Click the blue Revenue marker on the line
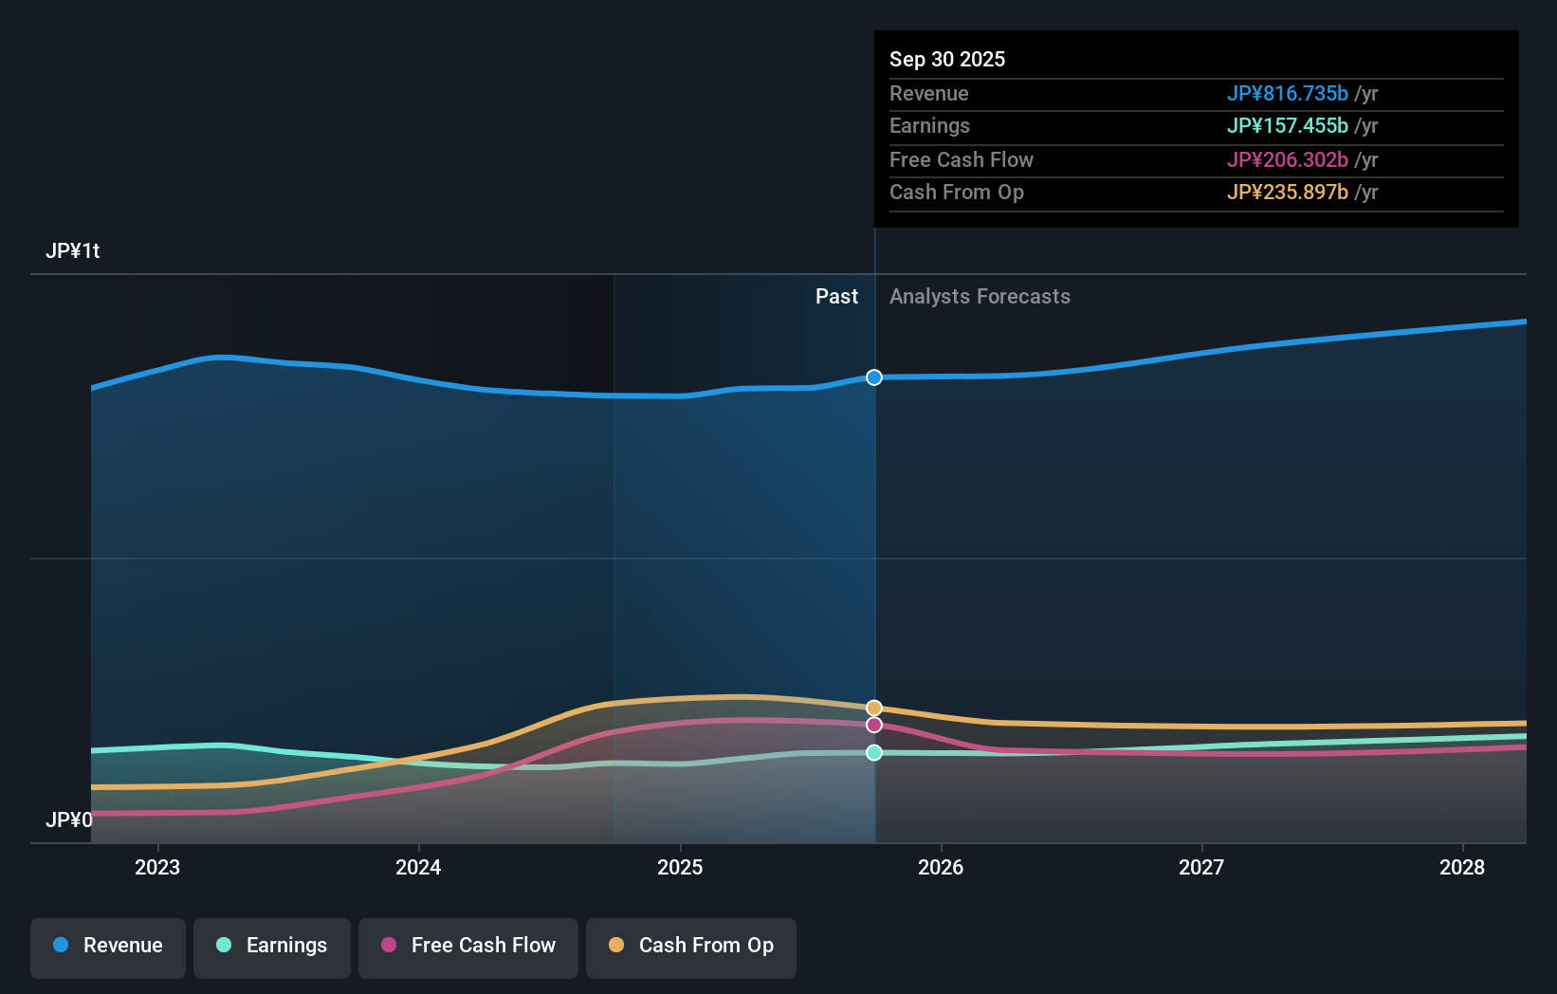click(874, 377)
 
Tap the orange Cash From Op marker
click(874, 709)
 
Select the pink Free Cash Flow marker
click(874, 725)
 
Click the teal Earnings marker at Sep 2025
click(874, 752)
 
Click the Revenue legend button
click(108, 946)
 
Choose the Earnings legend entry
click(272, 946)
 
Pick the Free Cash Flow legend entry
click(468, 946)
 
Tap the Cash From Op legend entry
click(691, 946)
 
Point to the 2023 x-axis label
click(157, 867)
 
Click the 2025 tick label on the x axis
click(680, 867)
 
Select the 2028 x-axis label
click(1462, 867)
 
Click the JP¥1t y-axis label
click(73, 251)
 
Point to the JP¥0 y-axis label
click(69, 819)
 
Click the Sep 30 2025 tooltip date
click(947, 59)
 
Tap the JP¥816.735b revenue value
click(1287, 93)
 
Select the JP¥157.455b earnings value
click(1287, 125)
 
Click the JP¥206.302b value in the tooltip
click(1287, 159)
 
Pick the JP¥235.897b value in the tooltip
click(1287, 192)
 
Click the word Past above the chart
click(836, 297)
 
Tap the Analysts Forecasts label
click(980, 297)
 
